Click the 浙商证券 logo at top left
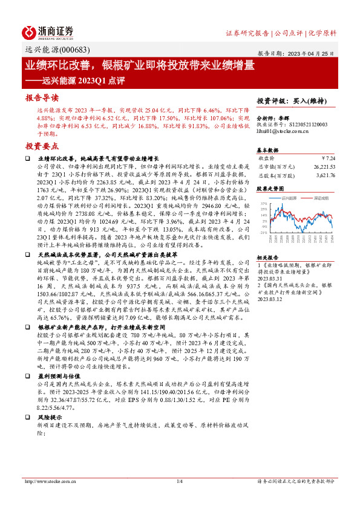48,31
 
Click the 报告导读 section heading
42,97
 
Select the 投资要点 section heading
42,146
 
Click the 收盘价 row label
267,157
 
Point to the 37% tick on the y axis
263,204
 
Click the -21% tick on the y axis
263,232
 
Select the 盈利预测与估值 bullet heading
57,375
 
